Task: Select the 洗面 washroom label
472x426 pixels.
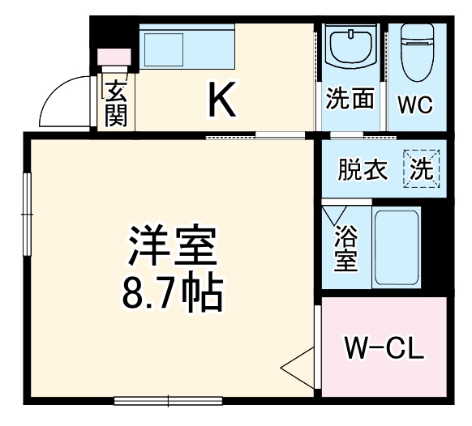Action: tap(350, 100)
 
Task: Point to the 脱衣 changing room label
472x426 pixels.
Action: tap(363, 171)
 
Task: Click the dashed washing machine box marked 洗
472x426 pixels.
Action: tap(420, 168)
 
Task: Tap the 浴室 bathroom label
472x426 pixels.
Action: tap(346, 249)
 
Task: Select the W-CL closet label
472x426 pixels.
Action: tap(384, 350)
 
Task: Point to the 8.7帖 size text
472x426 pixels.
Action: tap(171, 296)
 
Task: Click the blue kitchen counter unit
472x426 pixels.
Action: tap(187, 47)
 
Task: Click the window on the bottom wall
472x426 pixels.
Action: tap(168, 400)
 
